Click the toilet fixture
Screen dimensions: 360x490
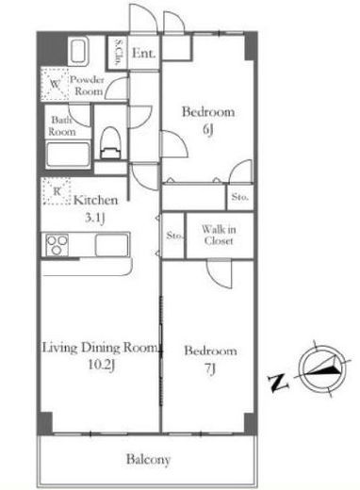pyautogui.click(x=110, y=142)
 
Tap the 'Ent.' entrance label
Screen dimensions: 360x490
pyautogui.click(x=143, y=53)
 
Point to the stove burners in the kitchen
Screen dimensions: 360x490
pyautogui.click(x=57, y=245)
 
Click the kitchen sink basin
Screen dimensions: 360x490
pyautogui.click(x=112, y=245)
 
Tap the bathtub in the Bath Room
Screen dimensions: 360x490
pyautogui.click(x=68, y=155)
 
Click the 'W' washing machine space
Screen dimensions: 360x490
pyautogui.click(x=55, y=84)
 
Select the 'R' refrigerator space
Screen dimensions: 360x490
pyautogui.click(x=57, y=191)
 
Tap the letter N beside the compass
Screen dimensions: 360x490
pyautogui.click(x=278, y=383)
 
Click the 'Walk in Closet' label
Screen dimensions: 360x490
pyautogui.click(x=219, y=235)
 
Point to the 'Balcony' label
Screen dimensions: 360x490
pyautogui.click(x=148, y=460)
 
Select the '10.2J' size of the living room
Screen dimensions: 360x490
pyautogui.click(x=101, y=365)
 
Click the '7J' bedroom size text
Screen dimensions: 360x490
pyautogui.click(x=210, y=368)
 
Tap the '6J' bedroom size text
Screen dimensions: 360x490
pyautogui.click(x=207, y=128)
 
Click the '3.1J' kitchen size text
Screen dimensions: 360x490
pyautogui.click(x=94, y=218)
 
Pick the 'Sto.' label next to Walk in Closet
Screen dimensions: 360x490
pyautogui.click(x=174, y=236)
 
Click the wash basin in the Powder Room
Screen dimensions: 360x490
pyautogui.click(x=78, y=51)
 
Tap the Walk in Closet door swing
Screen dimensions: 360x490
pyautogui.click(x=220, y=274)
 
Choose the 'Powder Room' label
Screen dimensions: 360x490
pyautogui.click(x=87, y=86)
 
